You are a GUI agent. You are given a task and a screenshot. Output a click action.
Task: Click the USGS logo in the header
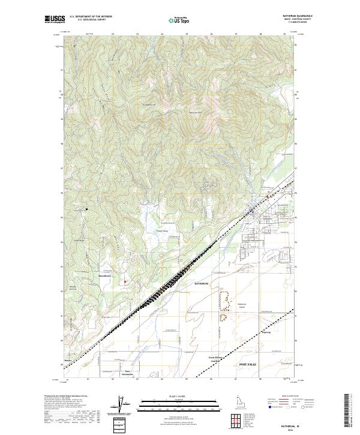(55, 19)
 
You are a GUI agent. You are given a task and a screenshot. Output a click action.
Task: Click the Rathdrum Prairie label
(242, 305)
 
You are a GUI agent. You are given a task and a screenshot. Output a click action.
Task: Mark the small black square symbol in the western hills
(88, 209)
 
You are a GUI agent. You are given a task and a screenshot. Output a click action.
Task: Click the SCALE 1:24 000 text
(179, 395)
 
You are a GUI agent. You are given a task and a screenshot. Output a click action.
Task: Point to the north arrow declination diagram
(123, 406)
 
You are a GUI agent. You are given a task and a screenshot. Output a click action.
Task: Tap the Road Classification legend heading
(289, 397)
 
